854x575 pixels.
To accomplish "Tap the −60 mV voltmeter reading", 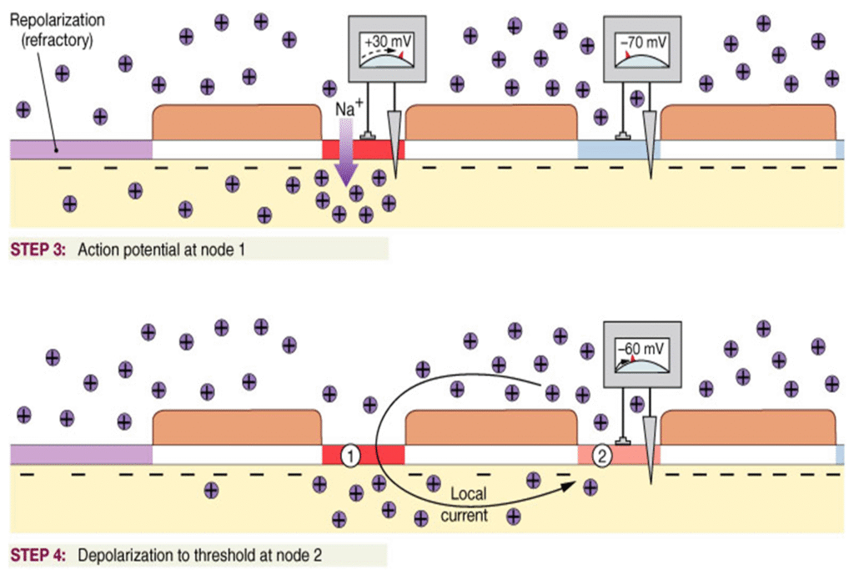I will coord(636,346).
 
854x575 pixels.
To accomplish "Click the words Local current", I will coord(468,504).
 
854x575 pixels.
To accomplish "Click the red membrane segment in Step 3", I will coord(363,149).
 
